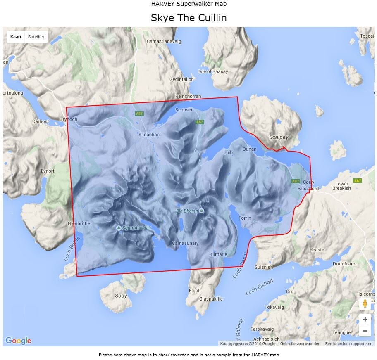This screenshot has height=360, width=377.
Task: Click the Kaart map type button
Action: click(16, 37)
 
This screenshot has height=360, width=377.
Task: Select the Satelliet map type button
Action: click(36, 37)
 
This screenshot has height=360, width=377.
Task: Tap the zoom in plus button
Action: click(365, 320)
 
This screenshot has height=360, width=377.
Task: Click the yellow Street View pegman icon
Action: click(365, 304)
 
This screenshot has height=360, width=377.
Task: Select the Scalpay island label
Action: click(278, 137)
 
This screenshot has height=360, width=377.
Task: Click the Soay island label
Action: click(121, 296)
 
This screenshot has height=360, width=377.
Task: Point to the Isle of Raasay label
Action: click(213, 71)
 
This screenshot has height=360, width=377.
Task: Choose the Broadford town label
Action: click(308, 189)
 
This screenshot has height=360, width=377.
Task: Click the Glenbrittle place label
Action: click(79, 223)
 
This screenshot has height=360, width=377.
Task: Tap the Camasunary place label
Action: click(185, 244)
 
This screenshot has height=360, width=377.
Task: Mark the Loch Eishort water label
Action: click(260, 287)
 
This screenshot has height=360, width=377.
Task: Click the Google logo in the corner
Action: click(18, 341)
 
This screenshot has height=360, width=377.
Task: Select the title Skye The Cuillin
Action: click(188, 18)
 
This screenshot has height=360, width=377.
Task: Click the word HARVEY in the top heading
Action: click(162, 4)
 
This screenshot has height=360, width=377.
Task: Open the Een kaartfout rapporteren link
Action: click(348, 343)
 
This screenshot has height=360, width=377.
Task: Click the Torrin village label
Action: click(245, 218)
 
